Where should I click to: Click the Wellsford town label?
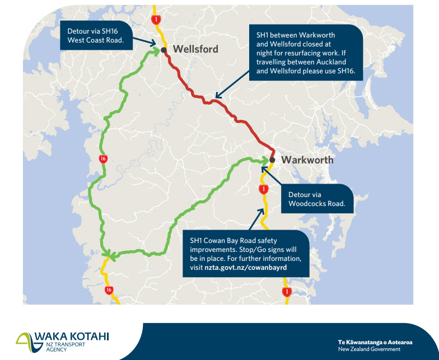pos(195,49)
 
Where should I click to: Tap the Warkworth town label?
pos(307,160)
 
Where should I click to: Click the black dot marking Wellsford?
pos(164,50)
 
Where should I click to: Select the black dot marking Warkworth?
pos(272,160)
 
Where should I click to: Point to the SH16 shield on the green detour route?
pos(102,159)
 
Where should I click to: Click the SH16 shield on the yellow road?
pos(109,290)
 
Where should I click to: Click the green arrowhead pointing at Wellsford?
pos(156,51)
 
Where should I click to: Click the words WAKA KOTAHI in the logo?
pos(72,336)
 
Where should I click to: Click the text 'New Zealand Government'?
pos(369,349)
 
